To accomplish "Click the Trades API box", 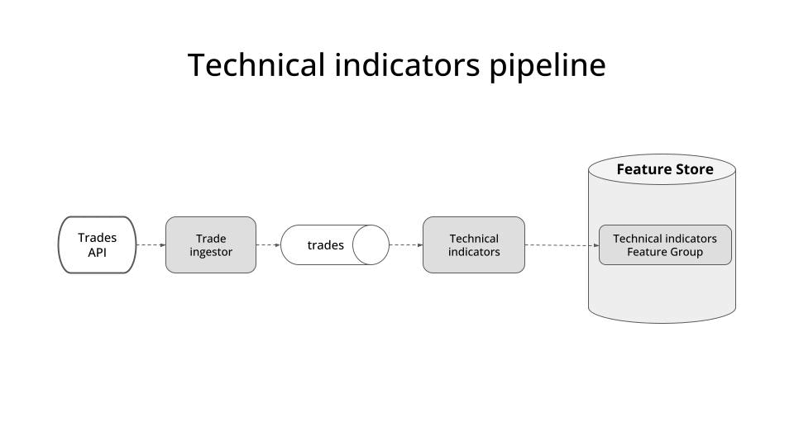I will tap(97, 244).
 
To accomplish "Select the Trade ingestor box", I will tap(211, 244).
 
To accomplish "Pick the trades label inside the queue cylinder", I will tap(325, 245).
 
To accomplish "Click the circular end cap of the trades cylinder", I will tap(371, 245).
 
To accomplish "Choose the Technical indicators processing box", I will tap(474, 244).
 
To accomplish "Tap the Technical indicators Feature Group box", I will tap(665, 244).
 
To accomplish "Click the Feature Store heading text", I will tap(664, 170).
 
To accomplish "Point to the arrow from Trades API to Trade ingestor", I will tap(151, 244).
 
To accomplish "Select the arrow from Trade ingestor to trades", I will tap(268, 244).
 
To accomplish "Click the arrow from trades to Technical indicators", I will tap(405, 244).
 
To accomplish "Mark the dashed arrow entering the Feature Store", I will tap(562, 244).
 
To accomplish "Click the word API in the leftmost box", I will tap(98, 253).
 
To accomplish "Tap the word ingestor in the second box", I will tap(211, 252).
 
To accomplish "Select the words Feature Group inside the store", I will tap(665, 252).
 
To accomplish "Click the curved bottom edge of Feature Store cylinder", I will tap(662, 321).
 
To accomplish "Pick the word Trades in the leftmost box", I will tap(98, 238).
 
